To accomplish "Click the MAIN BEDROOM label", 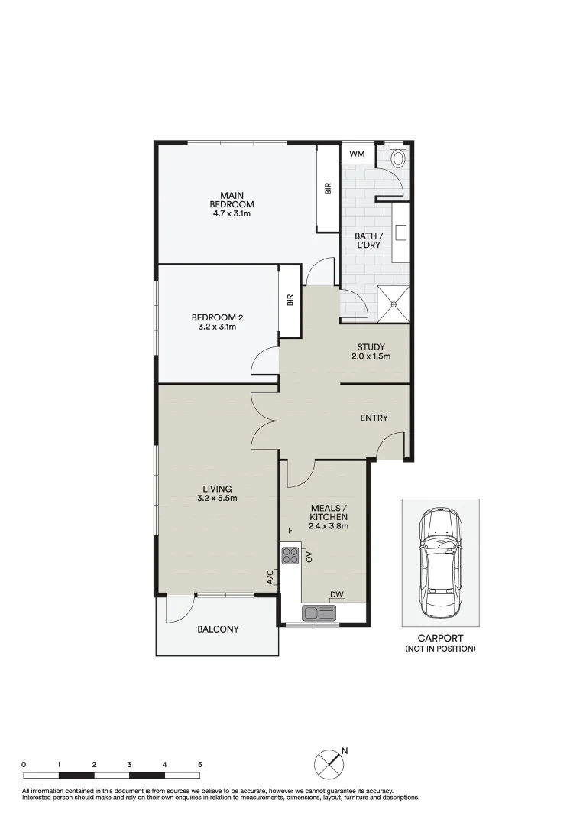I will click(232, 200).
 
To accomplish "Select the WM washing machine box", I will click(358, 154).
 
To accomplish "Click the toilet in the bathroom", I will click(398, 158).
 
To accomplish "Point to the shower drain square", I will click(394, 304).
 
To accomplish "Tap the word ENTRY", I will click(374, 418).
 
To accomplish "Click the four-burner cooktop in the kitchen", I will click(290, 554).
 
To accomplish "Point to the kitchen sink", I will click(319, 613).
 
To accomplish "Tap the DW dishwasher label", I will click(336, 594).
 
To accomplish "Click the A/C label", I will click(270, 577).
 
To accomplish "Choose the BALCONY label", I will click(218, 629).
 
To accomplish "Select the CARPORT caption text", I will click(440, 638).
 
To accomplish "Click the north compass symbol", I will click(329, 764).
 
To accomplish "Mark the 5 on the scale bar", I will click(199, 764).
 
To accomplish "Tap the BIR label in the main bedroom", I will click(328, 187).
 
